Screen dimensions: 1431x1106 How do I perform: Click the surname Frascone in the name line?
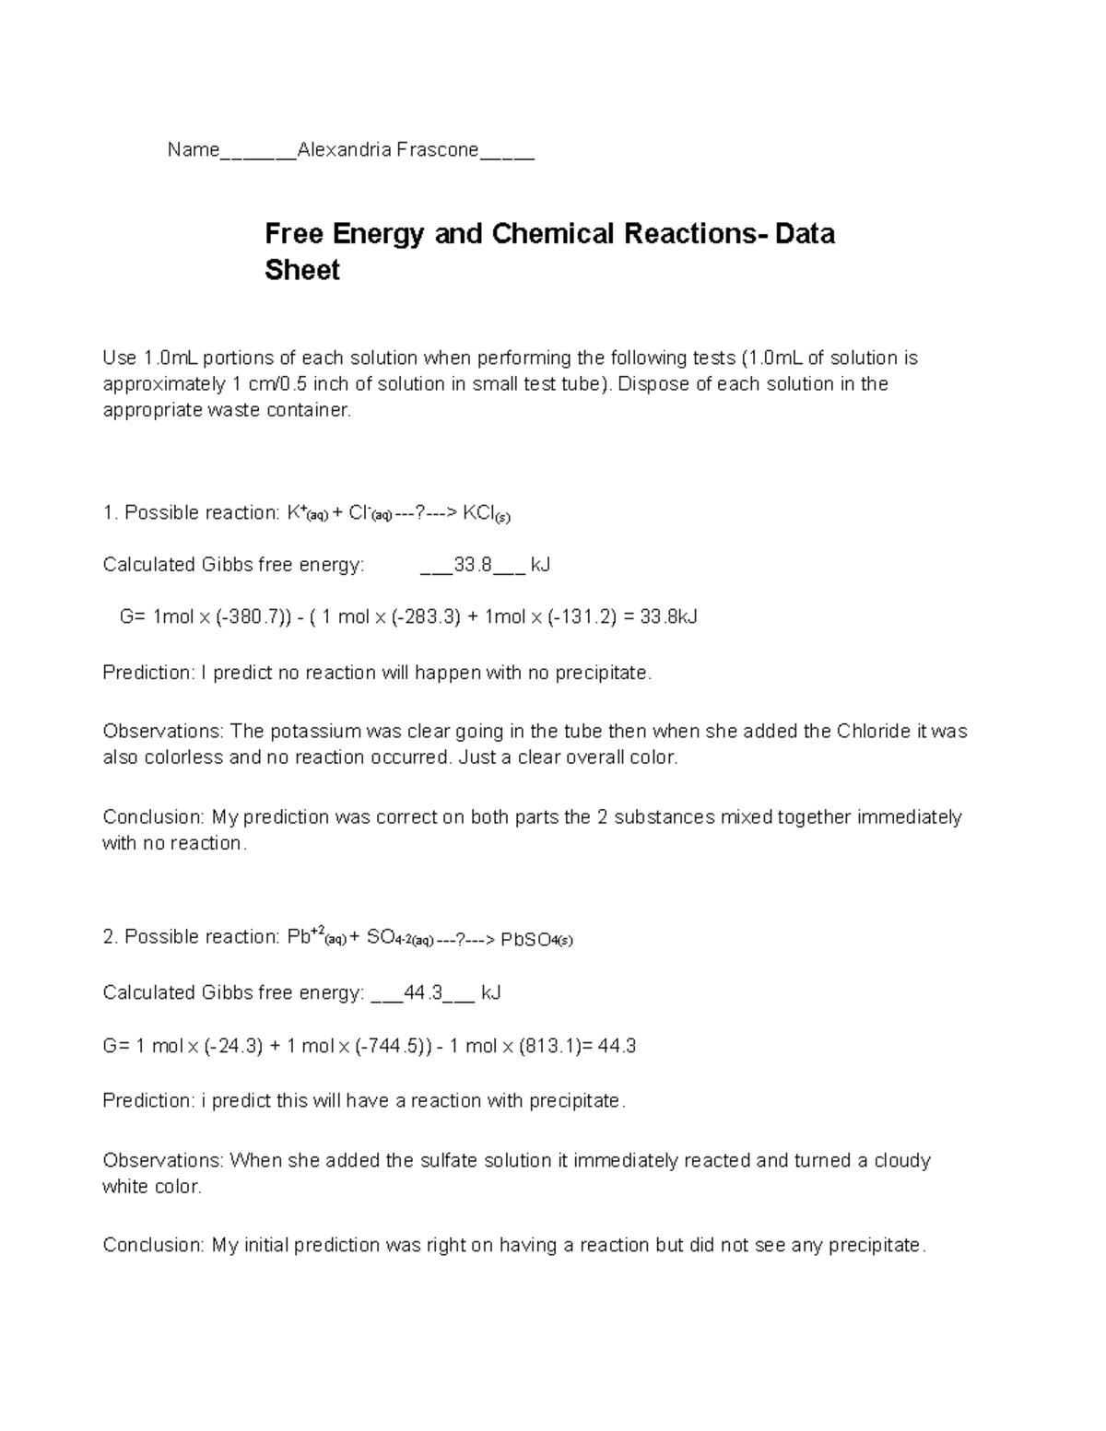(x=437, y=149)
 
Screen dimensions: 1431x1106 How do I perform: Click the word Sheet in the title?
(x=302, y=271)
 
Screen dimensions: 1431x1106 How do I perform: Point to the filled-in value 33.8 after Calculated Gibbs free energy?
(x=473, y=564)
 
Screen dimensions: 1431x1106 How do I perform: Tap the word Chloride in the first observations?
(x=872, y=732)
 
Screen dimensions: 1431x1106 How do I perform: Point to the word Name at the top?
(x=193, y=149)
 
